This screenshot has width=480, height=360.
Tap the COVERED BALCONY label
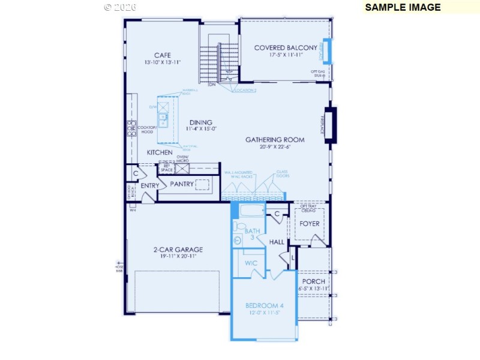286,48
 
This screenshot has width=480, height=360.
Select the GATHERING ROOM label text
275,140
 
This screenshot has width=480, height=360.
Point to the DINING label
200,122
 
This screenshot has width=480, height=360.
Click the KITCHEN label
160,152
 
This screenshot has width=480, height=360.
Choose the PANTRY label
182,184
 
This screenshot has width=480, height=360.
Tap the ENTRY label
150,186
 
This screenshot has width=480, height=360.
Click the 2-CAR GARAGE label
178,250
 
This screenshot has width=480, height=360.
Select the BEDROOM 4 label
265,306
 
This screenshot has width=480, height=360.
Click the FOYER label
310,224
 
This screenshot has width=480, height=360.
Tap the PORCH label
314,281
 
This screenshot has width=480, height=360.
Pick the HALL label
277,242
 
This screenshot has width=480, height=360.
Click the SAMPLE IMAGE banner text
403,7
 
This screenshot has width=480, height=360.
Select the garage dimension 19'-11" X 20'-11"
178,257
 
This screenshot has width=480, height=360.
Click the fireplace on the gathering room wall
330,125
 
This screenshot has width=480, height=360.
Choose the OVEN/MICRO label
182,160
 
